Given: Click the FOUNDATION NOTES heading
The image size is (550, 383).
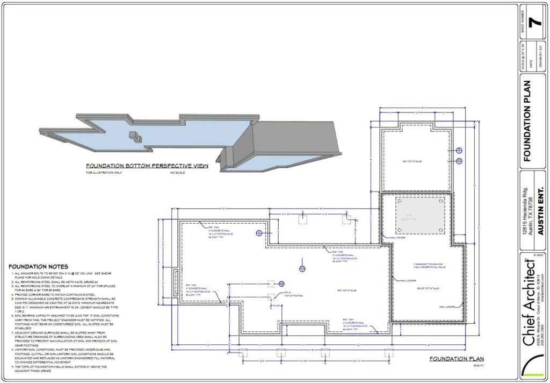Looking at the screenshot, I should [38, 266].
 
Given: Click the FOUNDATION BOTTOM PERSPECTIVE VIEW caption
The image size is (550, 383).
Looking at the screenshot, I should [147, 166].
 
